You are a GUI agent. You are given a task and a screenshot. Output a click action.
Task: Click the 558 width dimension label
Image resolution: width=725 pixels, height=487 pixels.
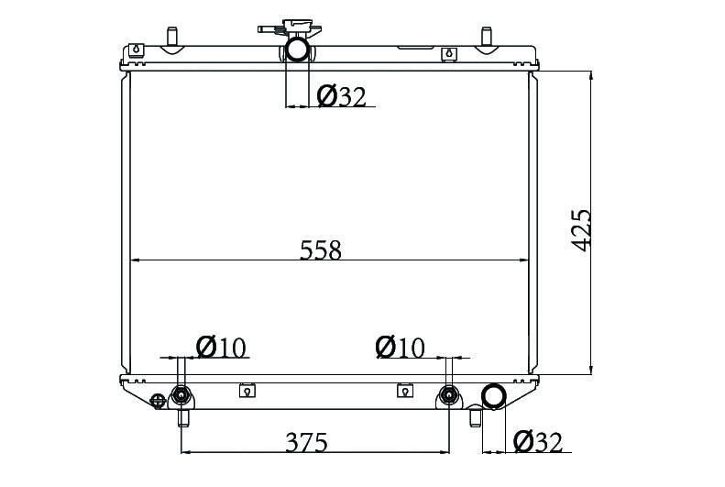point(321,249)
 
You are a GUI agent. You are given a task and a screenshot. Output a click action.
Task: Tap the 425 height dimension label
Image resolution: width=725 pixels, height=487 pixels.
point(581,230)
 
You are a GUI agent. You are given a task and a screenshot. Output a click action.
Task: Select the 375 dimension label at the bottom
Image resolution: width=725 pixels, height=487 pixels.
point(306,442)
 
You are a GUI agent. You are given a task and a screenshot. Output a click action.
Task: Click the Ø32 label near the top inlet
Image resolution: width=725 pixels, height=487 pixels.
point(342,96)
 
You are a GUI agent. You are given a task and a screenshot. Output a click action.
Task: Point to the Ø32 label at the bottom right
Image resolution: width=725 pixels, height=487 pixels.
point(538,442)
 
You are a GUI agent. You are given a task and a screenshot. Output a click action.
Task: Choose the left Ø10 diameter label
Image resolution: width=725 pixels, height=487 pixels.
point(221,348)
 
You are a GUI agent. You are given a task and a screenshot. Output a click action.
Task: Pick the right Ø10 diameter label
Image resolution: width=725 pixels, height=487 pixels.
point(400,348)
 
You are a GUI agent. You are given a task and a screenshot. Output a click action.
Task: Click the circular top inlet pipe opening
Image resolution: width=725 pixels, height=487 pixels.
point(297,49)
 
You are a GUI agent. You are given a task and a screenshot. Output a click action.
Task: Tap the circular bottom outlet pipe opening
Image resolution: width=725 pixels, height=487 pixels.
point(493,397)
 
